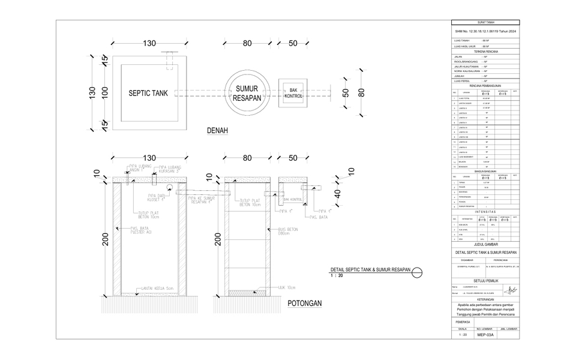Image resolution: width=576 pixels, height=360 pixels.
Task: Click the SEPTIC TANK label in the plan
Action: click(x=148, y=93)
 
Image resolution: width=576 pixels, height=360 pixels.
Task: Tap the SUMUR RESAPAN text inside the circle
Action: click(x=246, y=93)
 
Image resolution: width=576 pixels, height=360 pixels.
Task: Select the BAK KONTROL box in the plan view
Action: click(x=293, y=92)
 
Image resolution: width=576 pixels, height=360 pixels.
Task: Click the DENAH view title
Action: click(x=217, y=131)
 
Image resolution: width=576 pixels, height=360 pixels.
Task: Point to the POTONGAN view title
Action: click(x=304, y=303)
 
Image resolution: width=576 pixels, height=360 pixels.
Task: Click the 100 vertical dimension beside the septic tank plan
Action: click(x=104, y=93)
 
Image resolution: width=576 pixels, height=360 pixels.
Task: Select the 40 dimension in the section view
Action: click(x=338, y=194)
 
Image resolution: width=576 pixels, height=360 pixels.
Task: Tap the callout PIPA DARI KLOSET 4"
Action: click(x=157, y=198)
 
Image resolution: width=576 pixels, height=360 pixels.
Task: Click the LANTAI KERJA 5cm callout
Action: click(x=158, y=289)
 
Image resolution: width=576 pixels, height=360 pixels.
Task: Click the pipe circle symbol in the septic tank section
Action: click(x=171, y=188)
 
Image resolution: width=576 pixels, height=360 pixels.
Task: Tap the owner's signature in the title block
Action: click(x=511, y=290)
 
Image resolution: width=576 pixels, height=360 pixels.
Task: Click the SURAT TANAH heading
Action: click(x=486, y=22)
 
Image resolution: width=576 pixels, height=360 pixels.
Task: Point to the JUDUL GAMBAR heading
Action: click(x=486, y=245)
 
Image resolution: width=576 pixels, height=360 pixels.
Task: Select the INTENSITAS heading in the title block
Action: click(x=486, y=212)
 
